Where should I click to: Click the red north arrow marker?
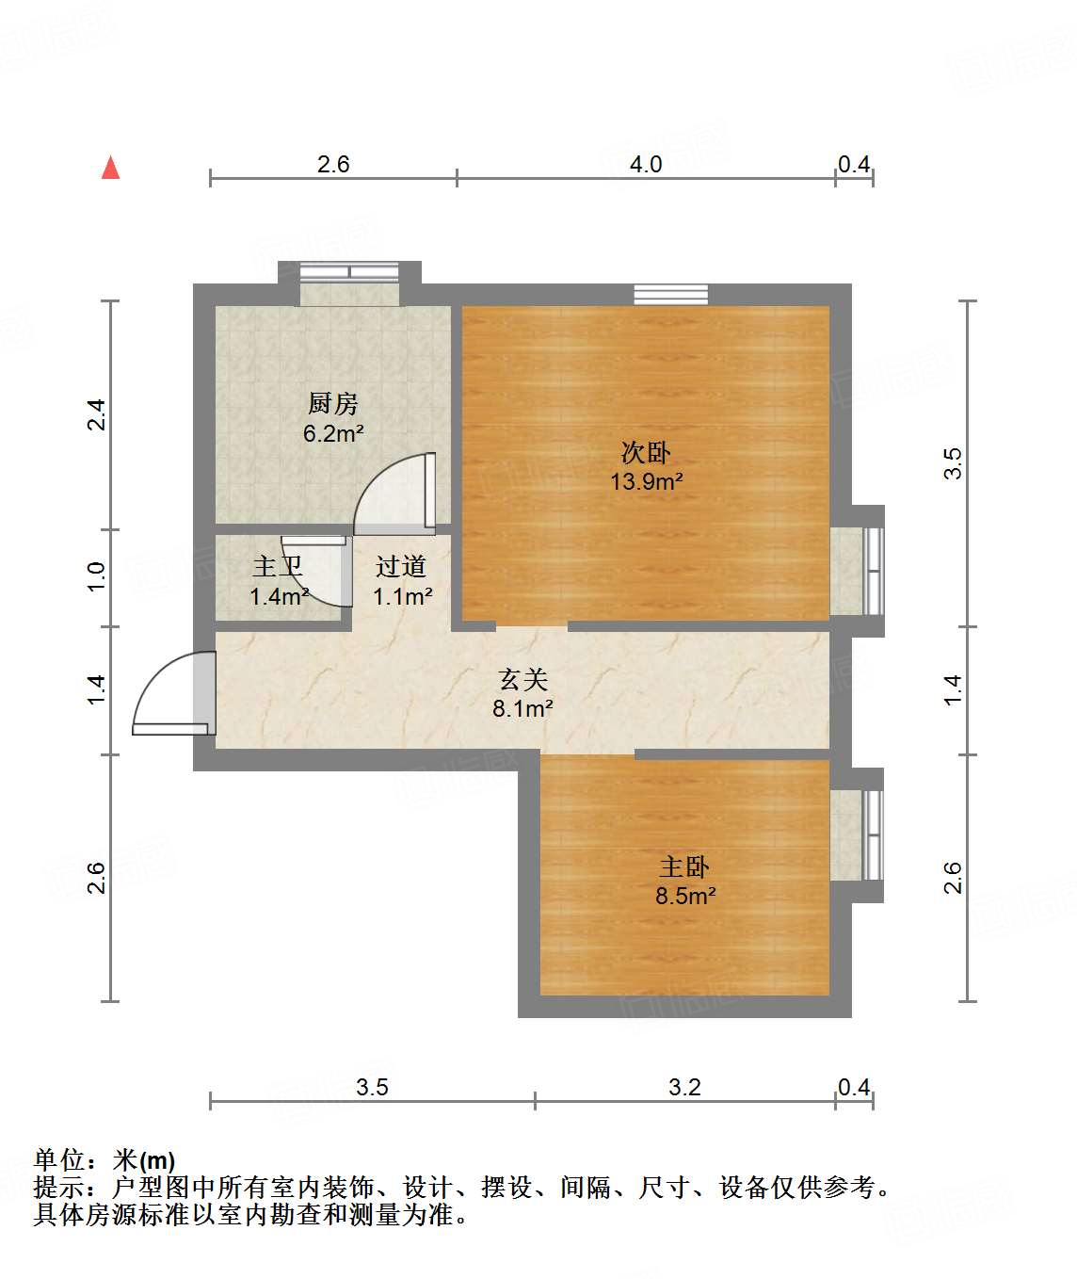pos(111,168)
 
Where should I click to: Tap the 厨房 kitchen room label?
pos(333,404)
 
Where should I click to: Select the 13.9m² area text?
pos(646,481)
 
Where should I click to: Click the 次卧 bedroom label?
pos(646,452)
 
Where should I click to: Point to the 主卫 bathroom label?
pos(278,567)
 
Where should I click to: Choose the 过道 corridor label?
pos(401,567)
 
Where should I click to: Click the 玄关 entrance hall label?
pos(522,679)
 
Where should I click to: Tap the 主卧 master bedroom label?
pos(684,866)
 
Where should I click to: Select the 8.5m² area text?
pos(685,896)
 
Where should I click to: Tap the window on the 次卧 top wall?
pos(670,294)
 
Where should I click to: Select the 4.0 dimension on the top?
pos(646,165)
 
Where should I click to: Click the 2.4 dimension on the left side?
pos(96,415)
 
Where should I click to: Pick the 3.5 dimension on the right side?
pos(953,463)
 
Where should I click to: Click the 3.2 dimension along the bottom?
pos(684,1088)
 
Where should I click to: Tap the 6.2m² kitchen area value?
pos(333,434)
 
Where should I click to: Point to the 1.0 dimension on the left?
pos(96,576)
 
